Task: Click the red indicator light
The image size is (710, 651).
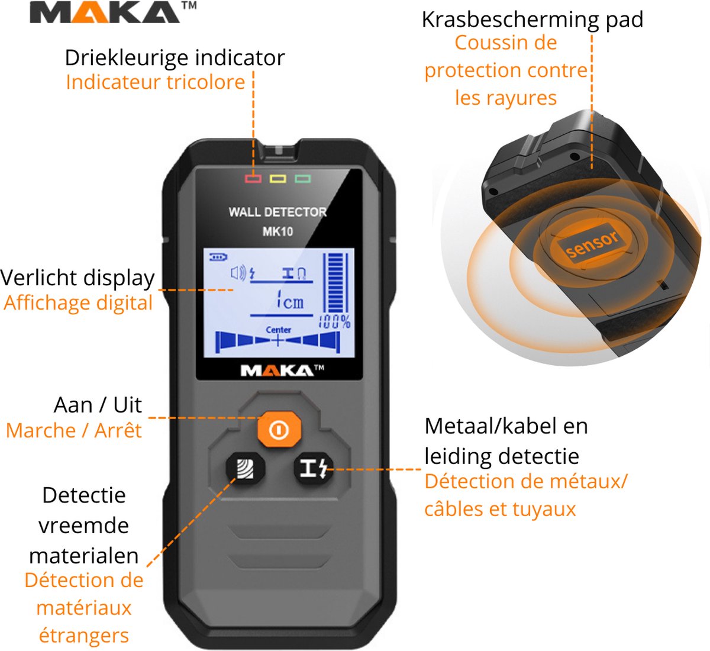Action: pos(253,178)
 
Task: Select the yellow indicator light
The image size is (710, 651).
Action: pos(278,178)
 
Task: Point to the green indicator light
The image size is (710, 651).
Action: pos(303,178)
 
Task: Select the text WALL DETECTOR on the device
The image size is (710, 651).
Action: pos(277,212)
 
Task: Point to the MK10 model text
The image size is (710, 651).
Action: pos(277,231)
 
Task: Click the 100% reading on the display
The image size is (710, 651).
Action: pos(335,322)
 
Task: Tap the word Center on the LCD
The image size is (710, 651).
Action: pos(278,330)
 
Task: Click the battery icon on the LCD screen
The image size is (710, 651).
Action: pos(218,257)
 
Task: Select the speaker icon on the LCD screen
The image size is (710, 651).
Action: pos(238,273)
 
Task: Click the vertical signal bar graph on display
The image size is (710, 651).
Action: pos(336,282)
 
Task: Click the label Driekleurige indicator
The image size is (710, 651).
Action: pos(175,58)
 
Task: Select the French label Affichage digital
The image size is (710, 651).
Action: pos(78,303)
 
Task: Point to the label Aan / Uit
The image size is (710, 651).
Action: pos(98,405)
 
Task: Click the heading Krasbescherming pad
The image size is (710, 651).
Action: pos(532,20)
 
